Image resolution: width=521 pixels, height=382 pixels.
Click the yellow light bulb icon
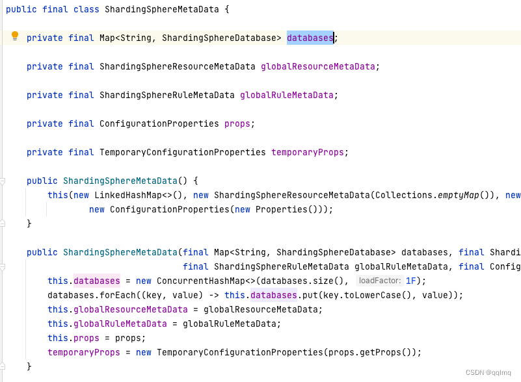pos(16,36)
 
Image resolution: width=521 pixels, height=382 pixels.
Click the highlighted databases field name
pos(310,38)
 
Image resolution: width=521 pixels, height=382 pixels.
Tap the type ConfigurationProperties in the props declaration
pos(159,124)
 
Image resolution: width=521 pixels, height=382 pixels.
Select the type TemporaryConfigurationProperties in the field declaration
pos(182,153)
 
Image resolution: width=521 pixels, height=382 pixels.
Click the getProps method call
pos(388,352)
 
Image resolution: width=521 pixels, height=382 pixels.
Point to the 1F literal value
pos(411,281)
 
